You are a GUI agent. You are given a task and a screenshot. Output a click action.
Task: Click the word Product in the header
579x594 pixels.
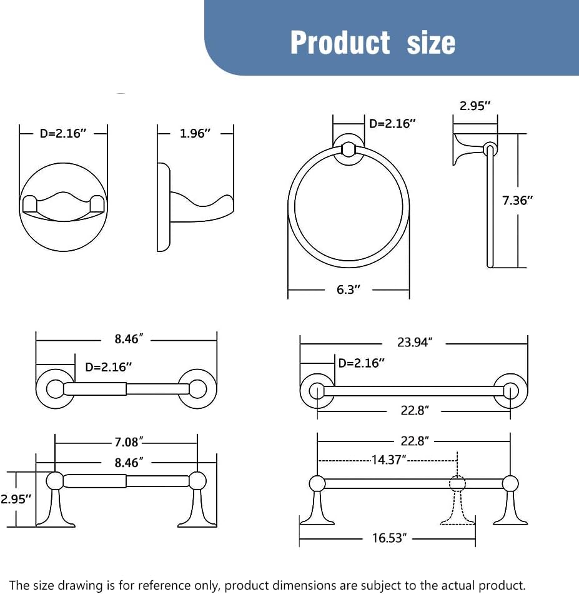(340, 43)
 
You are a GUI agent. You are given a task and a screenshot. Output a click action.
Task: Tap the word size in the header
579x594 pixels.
(431, 43)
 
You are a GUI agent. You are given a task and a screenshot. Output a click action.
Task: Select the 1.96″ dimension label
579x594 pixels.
(195, 133)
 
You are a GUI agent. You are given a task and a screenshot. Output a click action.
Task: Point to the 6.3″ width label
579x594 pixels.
(349, 289)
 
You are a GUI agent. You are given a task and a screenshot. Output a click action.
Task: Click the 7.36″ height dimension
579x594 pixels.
(518, 200)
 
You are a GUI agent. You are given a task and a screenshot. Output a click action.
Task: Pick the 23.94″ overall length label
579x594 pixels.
(414, 343)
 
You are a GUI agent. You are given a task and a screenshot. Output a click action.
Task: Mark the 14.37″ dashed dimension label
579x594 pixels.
(388, 460)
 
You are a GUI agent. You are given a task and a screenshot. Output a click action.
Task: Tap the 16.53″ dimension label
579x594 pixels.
(389, 538)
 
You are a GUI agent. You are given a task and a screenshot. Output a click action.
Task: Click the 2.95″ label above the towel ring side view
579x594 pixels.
(475, 106)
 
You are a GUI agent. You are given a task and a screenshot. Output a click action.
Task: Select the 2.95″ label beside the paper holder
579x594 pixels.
(16, 499)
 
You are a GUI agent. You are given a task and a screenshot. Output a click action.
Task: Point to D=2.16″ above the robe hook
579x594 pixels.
(63, 133)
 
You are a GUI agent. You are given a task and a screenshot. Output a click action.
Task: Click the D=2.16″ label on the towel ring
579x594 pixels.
(392, 123)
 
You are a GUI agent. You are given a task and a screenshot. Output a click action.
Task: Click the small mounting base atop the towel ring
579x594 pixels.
(349, 149)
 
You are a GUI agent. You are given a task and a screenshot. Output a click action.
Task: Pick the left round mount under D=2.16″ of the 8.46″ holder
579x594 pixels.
(54, 389)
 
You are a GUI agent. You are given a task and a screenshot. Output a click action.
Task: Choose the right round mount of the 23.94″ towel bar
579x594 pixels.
(510, 391)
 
